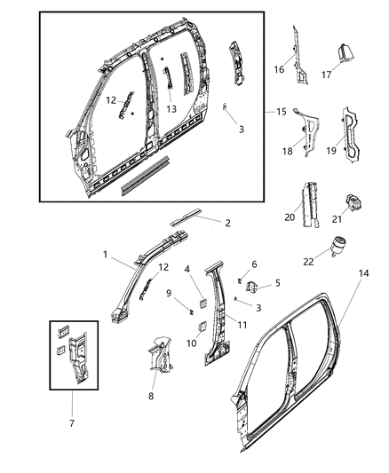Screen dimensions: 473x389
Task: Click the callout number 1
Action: [106, 255]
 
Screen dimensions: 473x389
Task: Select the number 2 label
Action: [227, 224]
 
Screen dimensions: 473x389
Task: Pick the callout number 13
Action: [171, 109]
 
